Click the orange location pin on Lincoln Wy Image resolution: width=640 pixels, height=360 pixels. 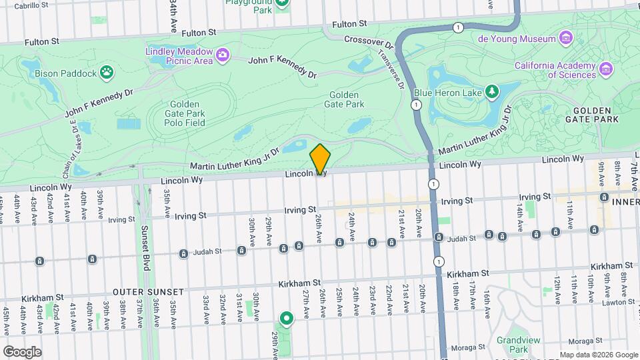pyautogui.click(x=320, y=159)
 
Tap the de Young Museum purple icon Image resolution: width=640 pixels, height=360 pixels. pyautogui.click(x=566, y=38)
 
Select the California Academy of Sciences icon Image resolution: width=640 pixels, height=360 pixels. pyautogui.click(x=605, y=69)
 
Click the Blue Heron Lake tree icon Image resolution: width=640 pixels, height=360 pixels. pyautogui.click(x=492, y=91)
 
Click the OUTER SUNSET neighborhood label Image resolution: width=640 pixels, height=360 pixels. pyautogui.click(x=148, y=292)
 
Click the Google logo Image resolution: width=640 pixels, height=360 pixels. pyautogui.click(x=21, y=351)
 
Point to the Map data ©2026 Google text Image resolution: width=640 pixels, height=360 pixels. pyautogui.click(x=598, y=355)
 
